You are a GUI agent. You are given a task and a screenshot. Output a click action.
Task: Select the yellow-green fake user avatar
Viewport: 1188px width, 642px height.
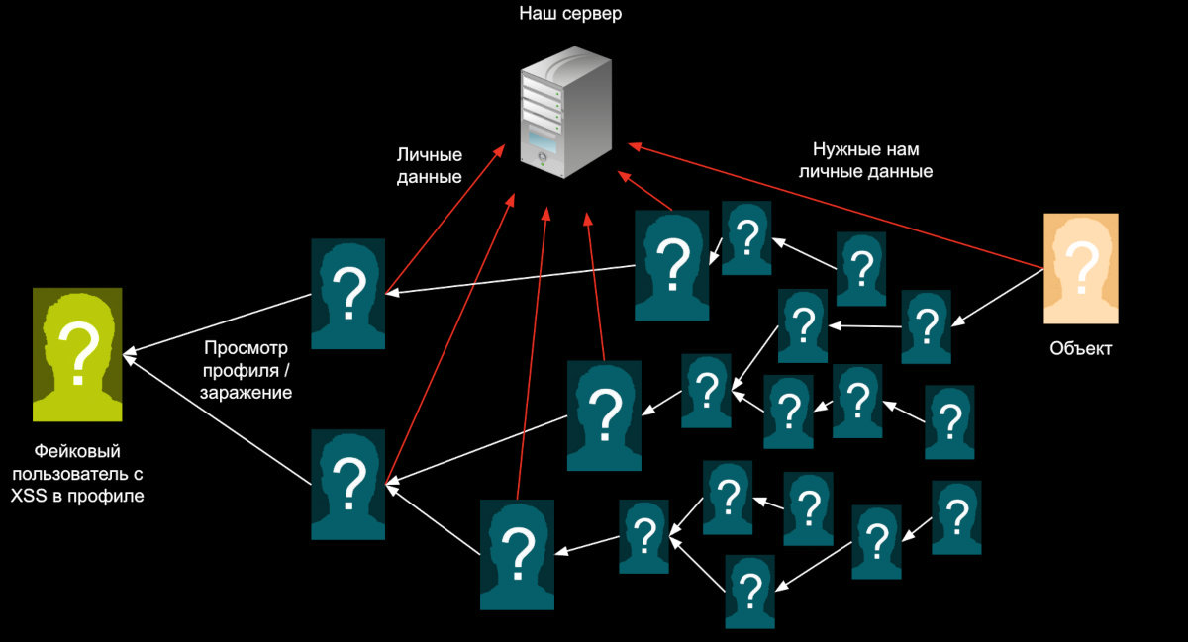77,355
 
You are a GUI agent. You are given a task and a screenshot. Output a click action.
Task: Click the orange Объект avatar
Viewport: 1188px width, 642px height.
1080,268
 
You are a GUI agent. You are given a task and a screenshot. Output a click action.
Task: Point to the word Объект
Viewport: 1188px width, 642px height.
1080,349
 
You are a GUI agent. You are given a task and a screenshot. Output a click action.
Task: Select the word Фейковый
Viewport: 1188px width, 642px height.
76,449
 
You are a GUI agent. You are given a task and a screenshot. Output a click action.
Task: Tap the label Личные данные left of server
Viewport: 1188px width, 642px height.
430,166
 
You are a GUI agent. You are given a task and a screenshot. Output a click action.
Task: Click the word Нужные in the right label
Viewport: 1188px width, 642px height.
841,150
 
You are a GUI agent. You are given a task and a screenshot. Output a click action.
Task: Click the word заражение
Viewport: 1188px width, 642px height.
247,393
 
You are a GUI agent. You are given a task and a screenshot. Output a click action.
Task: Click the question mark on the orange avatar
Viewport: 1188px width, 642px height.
1081,265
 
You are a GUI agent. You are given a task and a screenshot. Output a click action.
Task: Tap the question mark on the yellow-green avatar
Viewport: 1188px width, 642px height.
76,348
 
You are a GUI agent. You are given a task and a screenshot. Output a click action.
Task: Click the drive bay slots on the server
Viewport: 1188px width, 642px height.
544,99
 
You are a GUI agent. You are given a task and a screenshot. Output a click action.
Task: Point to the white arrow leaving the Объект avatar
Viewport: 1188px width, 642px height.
1000,296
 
